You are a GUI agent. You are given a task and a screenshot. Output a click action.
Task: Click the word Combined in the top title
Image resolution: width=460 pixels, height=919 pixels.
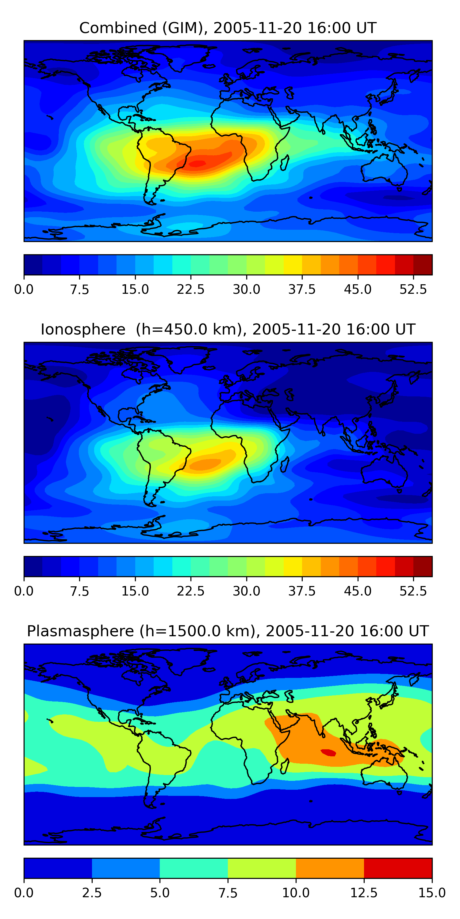pos(118,28)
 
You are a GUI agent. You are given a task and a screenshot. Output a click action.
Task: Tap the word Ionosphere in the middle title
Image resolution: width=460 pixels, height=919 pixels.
pos(83,329)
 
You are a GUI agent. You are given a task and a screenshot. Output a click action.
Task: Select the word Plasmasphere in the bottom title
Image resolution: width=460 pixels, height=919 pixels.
pos(80,631)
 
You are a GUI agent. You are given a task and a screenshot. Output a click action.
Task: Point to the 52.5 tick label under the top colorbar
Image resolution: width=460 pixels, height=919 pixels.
pos(413,289)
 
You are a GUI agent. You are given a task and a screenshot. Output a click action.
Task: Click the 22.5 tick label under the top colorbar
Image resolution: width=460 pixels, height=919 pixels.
pos(191,289)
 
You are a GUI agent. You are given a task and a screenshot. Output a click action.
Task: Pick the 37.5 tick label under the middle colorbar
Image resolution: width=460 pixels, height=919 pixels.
pos(302,591)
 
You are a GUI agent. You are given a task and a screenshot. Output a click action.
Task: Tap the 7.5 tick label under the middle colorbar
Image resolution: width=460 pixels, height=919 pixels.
pos(79,591)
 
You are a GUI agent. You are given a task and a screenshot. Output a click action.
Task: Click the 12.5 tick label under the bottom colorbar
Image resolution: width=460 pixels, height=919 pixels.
pos(364,893)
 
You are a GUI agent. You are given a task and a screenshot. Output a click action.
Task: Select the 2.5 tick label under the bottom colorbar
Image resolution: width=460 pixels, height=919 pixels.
pos(92,893)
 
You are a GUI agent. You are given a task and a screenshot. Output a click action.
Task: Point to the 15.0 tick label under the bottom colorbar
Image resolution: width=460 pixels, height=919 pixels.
pos(432,893)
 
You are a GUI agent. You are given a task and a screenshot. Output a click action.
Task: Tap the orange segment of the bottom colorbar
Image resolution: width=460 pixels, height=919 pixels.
pos(330,868)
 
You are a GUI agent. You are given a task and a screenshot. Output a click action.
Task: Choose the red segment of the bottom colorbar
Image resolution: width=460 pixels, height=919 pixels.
pos(398,868)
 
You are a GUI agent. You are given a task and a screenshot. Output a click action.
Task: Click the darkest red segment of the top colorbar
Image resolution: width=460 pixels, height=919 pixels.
pos(423,265)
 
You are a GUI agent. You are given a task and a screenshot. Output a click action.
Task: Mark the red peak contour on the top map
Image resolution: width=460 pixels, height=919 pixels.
pos(197,164)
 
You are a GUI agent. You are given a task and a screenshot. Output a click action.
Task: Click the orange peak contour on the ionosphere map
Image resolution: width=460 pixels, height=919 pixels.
pos(204,464)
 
